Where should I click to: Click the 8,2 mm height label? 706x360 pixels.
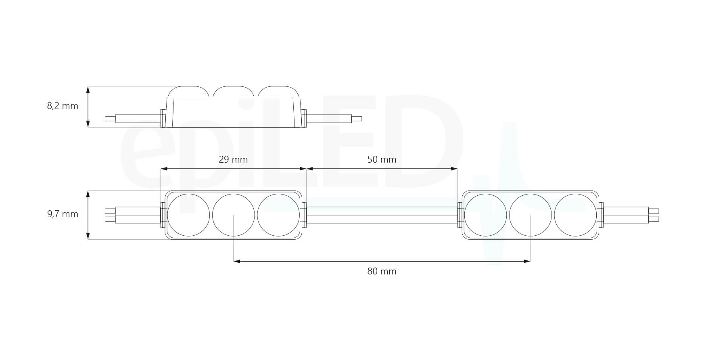pyautogui.click(x=63, y=106)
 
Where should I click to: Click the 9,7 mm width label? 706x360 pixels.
pyautogui.click(x=63, y=214)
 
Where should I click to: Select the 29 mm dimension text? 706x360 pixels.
pyautogui.click(x=233, y=159)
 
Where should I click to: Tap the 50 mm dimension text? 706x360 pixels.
pyautogui.click(x=382, y=159)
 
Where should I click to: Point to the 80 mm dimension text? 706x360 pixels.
pyautogui.click(x=382, y=272)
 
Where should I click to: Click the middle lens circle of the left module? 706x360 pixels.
pyautogui.click(x=233, y=215)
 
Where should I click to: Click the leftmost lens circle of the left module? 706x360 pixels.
pyautogui.click(x=188, y=215)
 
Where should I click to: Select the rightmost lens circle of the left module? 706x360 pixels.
pyautogui.click(x=278, y=215)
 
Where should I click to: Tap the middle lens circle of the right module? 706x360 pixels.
pyautogui.click(x=530, y=215)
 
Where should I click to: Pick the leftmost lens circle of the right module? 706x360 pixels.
pyautogui.click(x=485, y=215)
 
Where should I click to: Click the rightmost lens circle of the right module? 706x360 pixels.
pyautogui.click(x=575, y=215)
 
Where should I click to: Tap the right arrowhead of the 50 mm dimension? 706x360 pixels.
pyautogui.click(x=455, y=169)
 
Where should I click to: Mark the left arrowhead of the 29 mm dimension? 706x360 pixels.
pyautogui.click(x=163, y=169)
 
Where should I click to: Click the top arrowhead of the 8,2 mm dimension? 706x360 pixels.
pyautogui.click(x=88, y=89)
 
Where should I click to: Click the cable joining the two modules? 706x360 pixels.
pyautogui.click(x=382, y=215)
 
